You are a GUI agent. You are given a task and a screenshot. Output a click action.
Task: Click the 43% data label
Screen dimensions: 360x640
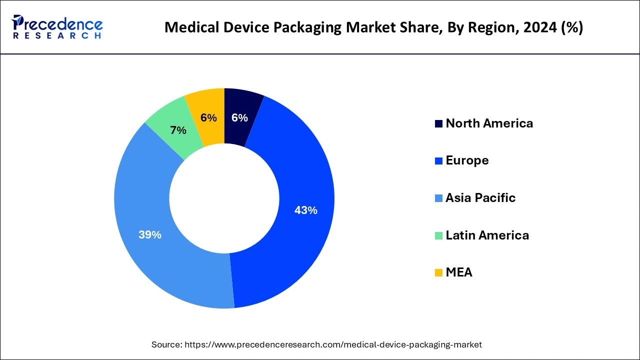pos(305,210)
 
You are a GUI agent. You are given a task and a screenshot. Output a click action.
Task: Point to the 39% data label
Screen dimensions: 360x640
pos(150,234)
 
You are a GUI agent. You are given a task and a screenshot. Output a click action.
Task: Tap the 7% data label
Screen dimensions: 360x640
pos(178,130)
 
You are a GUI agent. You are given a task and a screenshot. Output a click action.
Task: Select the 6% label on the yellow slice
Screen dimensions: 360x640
pos(208,118)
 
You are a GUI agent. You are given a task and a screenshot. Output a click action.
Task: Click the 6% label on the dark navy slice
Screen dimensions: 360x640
pos(239,118)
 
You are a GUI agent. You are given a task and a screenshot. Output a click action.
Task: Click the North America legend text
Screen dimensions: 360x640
pos(489,123)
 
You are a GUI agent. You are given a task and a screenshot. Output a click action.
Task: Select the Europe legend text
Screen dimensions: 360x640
pos(467,160)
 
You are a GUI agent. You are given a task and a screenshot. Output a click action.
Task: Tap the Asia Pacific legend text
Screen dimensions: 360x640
pos(480,198)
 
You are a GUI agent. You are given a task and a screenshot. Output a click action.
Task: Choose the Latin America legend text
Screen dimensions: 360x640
pos(487,235)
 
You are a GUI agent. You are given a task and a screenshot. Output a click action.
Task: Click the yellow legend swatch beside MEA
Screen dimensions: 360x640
pos(438,272)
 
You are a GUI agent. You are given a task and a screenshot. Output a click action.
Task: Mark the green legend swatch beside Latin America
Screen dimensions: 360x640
pos(438,235)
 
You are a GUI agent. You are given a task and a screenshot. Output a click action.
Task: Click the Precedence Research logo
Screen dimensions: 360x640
pos(57,27)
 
